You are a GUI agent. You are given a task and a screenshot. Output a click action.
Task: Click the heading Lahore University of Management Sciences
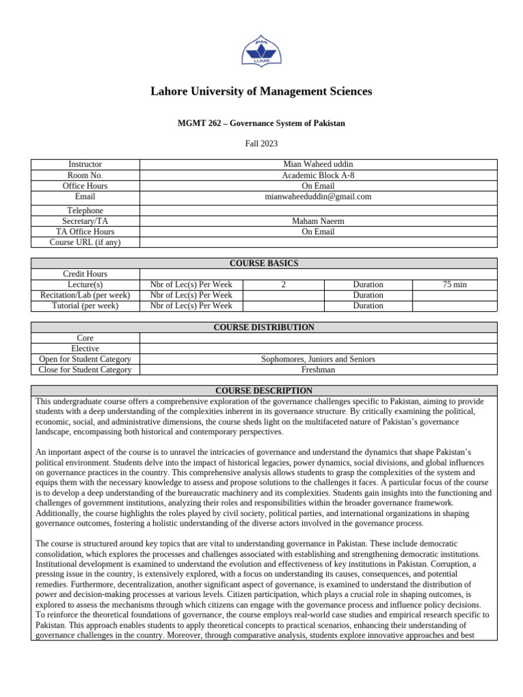(261, 91)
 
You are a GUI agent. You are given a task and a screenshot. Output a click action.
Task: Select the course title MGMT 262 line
(261, 123)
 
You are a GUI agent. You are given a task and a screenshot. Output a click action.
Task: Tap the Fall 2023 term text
(261, 144)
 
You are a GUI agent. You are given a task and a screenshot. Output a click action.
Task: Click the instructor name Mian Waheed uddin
(318, 165)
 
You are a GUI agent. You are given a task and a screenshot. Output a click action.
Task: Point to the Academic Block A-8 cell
(318, 175)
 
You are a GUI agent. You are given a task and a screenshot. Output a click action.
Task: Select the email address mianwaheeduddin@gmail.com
(318, 196)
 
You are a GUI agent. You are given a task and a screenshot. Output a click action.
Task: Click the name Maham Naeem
(318, 221)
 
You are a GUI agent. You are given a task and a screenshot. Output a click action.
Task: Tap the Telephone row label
(85, 211)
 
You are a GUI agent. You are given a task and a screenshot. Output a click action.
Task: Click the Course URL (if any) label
(85, 242)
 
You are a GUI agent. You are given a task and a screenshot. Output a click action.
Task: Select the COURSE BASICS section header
(264, 263)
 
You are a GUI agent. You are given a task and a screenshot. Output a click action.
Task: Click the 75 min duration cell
(454, 285)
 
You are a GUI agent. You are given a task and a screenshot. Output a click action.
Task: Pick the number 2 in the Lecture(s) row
(283, 285)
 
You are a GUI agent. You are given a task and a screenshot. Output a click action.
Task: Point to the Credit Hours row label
(85, 274)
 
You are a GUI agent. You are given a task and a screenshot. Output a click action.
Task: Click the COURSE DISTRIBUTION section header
(264, 327)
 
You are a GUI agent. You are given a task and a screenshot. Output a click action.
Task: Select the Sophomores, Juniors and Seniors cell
(318, 359)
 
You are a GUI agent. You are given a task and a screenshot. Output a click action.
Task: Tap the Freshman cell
(318, 370)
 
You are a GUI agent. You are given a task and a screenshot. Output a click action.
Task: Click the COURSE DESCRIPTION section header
(264, 391)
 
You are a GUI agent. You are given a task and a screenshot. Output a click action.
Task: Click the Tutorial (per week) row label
(85, 306)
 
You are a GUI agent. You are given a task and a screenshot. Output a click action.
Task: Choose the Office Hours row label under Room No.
(85, 186)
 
